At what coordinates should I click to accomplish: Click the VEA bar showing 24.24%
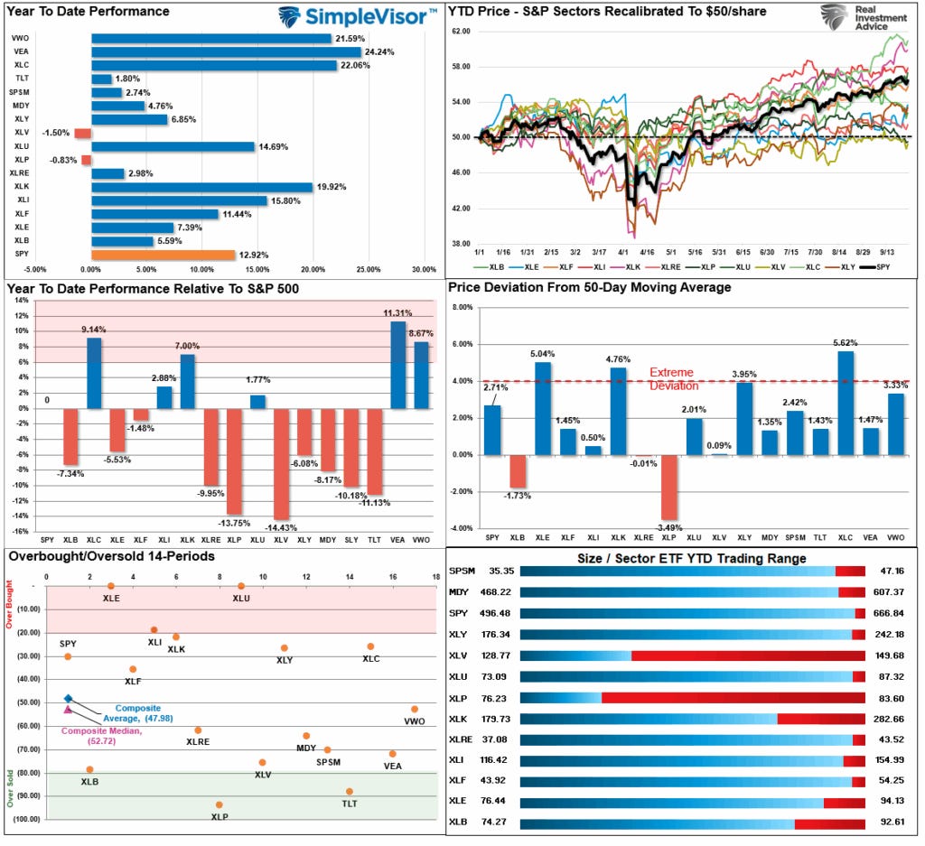click(226, 51)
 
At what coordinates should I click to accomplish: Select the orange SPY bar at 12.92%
click(163, 255)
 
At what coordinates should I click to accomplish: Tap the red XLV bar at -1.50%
click(82, 133)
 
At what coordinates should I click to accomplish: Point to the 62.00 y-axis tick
click(461, 31)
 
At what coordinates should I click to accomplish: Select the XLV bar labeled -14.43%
click(281, 463)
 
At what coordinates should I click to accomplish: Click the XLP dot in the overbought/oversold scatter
click(219, 804)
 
